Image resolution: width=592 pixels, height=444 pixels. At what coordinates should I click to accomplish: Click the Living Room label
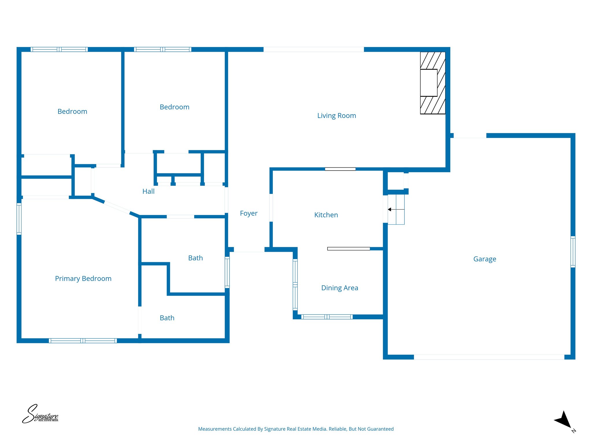pyautogui.click(x=336, y=116)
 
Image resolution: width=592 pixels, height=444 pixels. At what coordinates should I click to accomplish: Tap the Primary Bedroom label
pyautogui.click(x=83, y=279)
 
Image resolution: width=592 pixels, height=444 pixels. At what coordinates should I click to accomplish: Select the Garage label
pyautogui.click(x=484, y=259)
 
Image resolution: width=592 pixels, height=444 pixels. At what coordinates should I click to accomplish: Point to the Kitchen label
pyautogui.click(x=326, y=215)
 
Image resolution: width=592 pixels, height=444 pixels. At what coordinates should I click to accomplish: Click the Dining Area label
pyautogui.click(x=339, y=288)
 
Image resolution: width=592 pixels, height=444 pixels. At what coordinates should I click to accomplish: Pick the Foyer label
pyautogui.click(x=249, y=213)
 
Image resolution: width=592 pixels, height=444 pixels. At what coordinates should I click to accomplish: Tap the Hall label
pyautogui.click(x=148, y=191)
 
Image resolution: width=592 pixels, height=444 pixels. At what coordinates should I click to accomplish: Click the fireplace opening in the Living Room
pyautogui.click(x=428, y=83)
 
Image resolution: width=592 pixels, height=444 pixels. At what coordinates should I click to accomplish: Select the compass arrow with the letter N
pyautogui.click(x=564, y=421)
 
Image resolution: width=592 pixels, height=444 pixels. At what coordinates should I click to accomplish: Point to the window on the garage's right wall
pyautogui.click(x=573, y=251)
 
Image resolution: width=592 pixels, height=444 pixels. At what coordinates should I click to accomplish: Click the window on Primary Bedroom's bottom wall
pyautogui.click(x=83, y=341)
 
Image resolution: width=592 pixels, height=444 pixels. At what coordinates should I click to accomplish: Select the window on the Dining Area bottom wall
pyautogui.click(x=327, y=317)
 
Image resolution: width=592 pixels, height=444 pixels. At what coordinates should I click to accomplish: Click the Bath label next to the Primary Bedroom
pyautogui.click(x=167, y=318)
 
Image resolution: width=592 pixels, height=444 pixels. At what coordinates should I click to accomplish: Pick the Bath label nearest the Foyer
pyautogui.click(x=195, y=258)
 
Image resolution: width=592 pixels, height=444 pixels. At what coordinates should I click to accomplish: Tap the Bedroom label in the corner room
pyautogui.click(x=72, y=112)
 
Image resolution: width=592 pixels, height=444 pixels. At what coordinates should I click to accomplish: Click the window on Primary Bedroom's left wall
pyautogui.click(x=19, y=219)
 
